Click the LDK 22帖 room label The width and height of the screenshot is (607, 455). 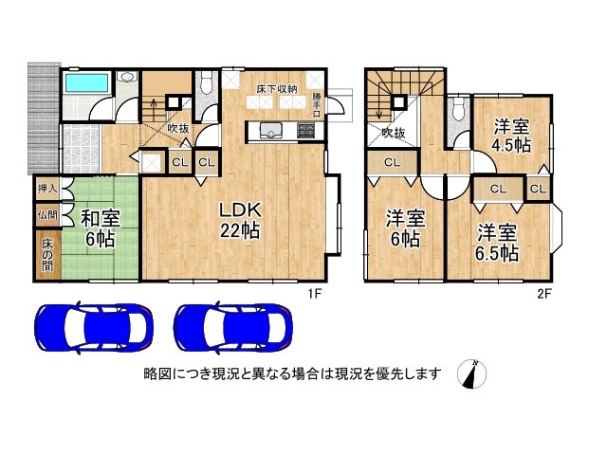(x=240, y=218)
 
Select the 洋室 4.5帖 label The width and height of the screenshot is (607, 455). (x=509, y=136)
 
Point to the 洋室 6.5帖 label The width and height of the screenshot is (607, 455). (x=497, y=243)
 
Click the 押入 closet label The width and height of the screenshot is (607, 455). (x=46, y=190)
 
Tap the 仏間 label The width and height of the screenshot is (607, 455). (x=46, y=215)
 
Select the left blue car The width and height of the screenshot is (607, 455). (x=93, y=327)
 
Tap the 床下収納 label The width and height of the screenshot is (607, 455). (x=274, y=89)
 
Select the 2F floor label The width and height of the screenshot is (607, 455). (x=544, y=293)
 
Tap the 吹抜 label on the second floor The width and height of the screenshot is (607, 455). (x=394, y=134)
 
